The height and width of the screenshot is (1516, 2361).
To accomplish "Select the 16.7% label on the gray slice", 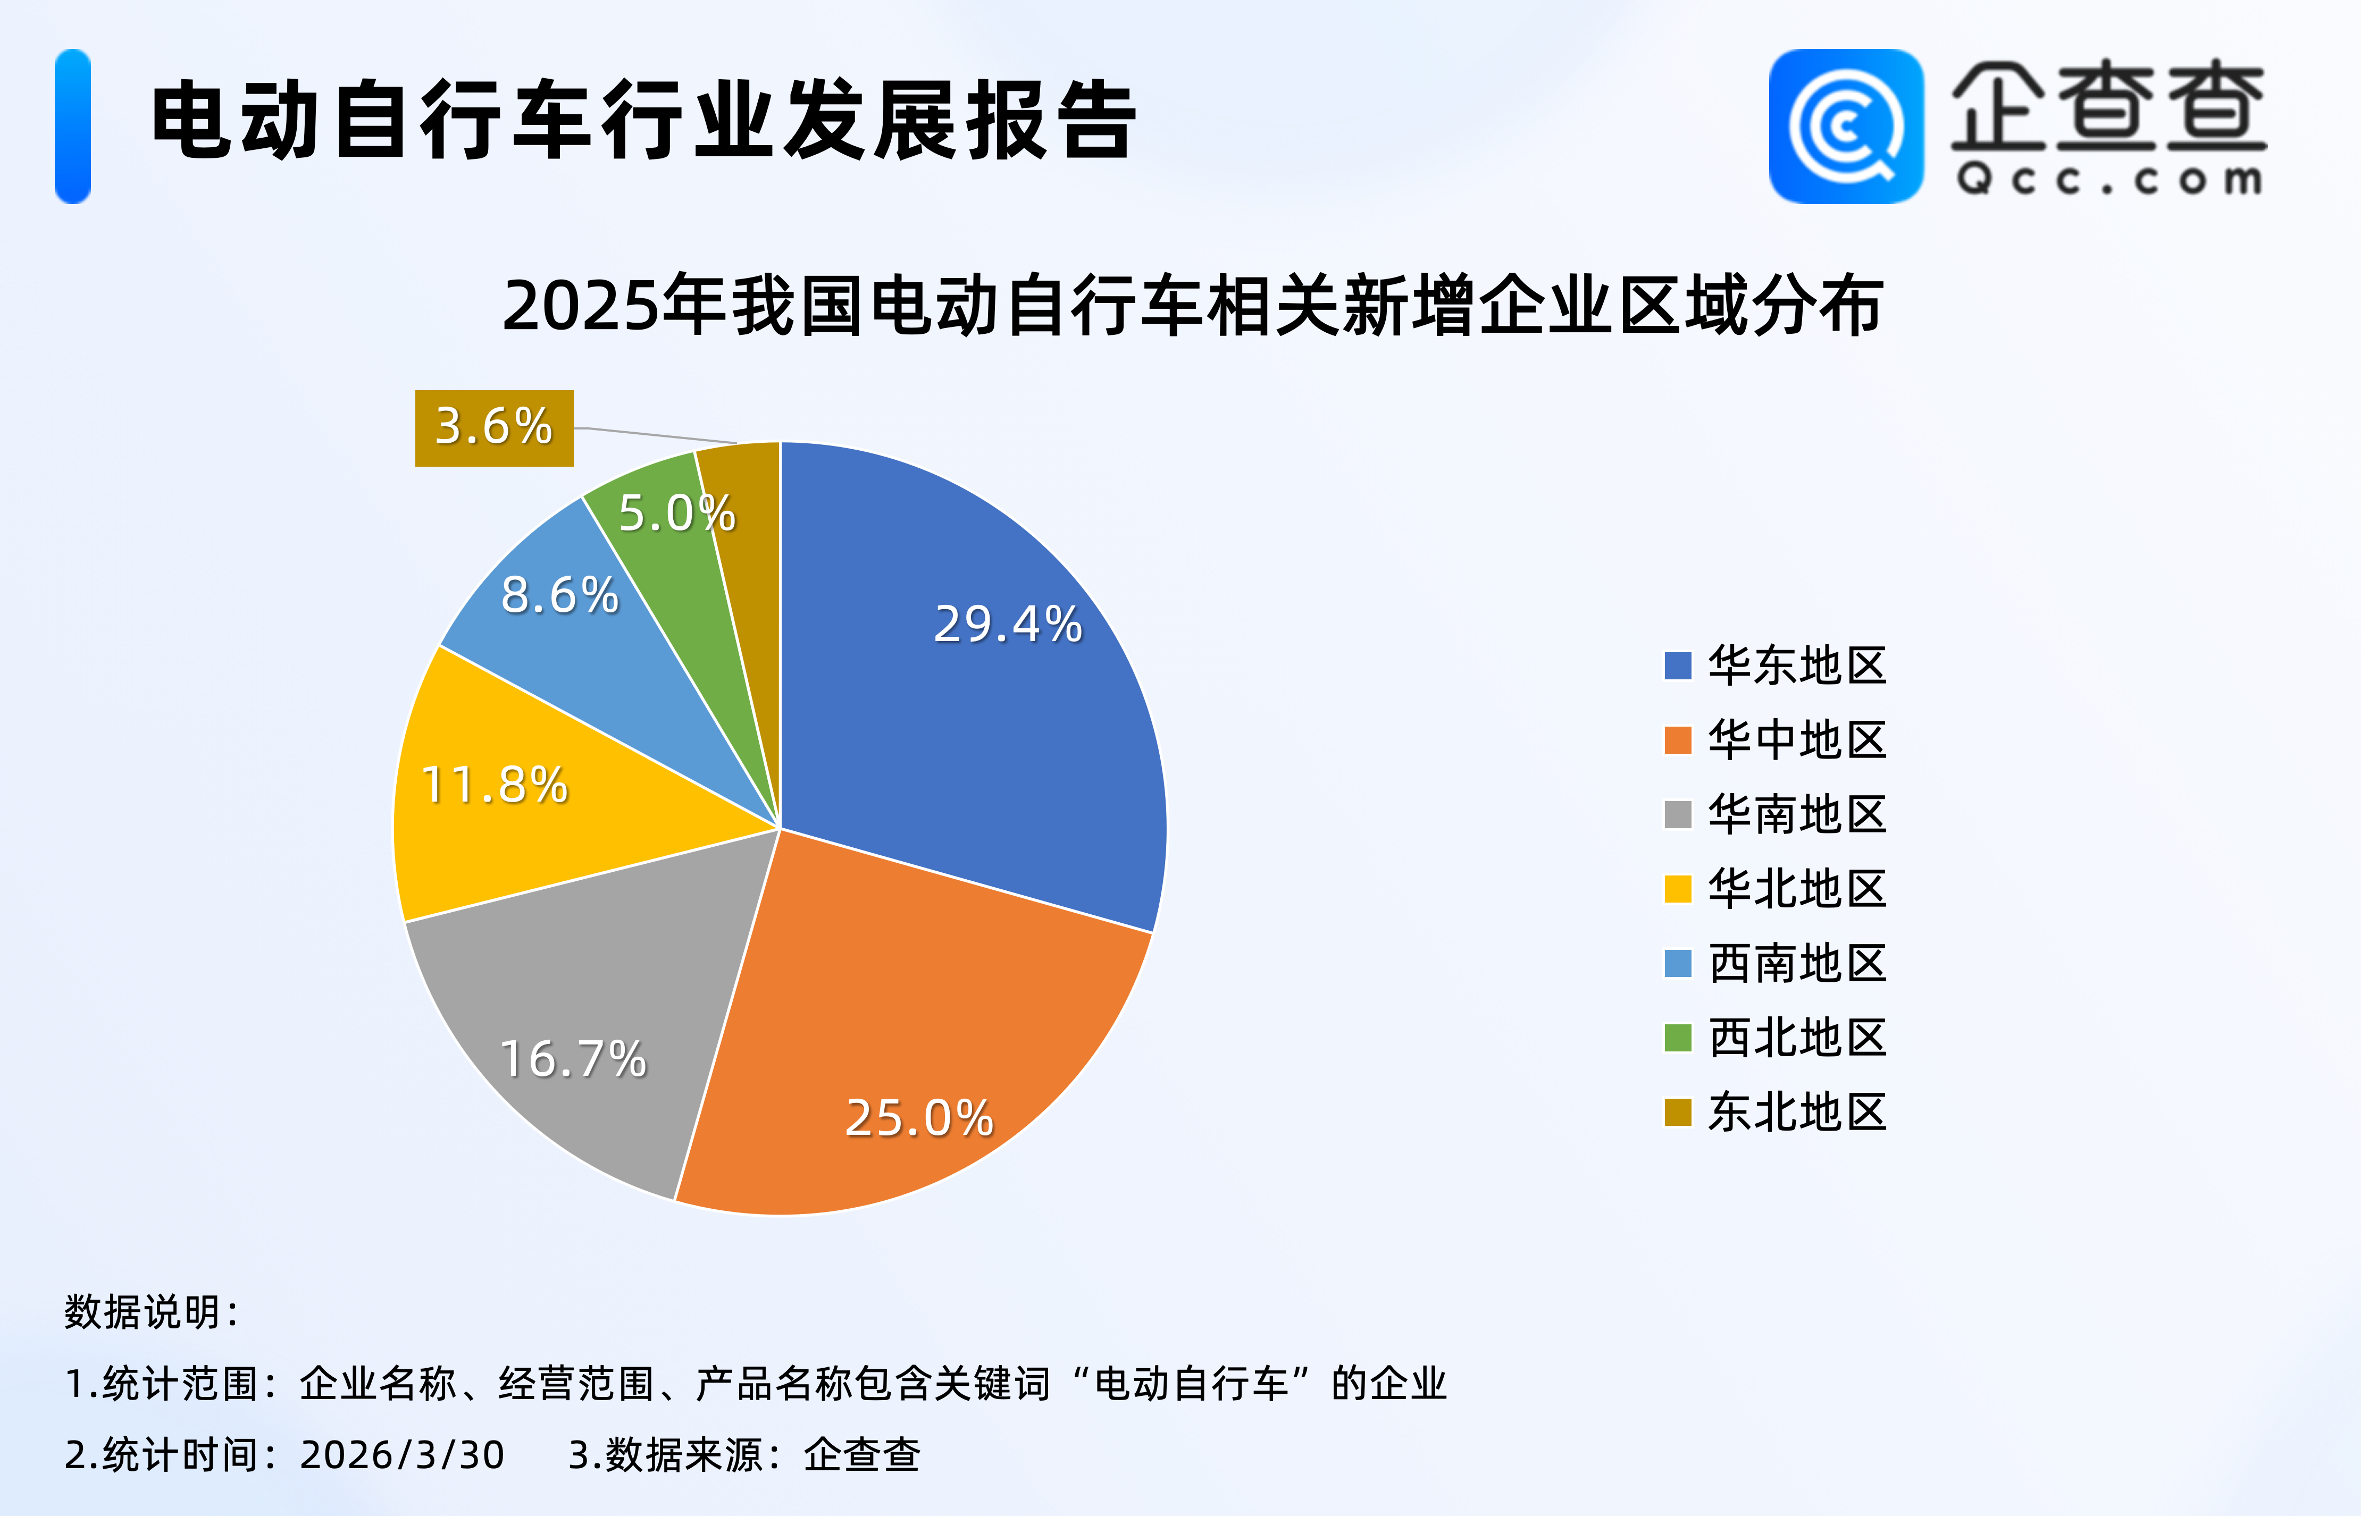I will coord(573,1059).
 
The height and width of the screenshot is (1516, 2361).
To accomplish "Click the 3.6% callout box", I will coord(494,427).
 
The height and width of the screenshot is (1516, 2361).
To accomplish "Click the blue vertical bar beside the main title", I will coord(73,126).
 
